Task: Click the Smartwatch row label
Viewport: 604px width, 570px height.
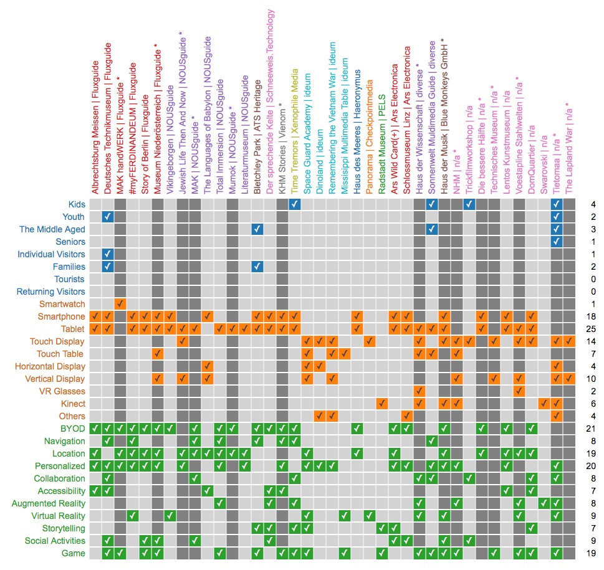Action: [x=62, y=304]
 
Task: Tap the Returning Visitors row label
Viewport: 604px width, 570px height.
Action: [x=51, y=292]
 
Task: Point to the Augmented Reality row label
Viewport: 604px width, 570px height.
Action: [x=49, y=503]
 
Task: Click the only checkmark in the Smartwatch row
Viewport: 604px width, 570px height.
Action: [x=120, y=304]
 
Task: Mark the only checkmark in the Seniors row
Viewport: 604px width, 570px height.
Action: [x=557, y=242]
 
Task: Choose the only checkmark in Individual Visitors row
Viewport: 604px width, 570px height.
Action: [x=108, y=254]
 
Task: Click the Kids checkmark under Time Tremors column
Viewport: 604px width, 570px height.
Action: [x=295, y=204]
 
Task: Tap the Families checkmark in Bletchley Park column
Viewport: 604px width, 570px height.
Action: [x=257, y=267]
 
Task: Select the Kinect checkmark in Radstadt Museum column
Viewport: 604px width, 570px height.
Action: [x=382, y=404]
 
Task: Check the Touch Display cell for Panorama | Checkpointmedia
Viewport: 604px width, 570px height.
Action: [x=370, y=341]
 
